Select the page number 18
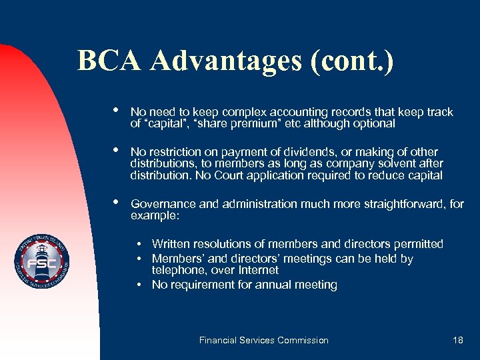click(457, 340)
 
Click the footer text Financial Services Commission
click(264, 340)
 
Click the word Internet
click(258, 270)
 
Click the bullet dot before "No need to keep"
click(117, 111)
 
